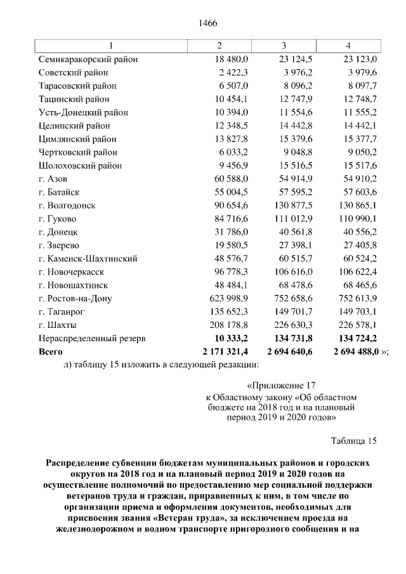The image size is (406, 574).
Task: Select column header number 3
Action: pyautogui.click(x=284, y=46)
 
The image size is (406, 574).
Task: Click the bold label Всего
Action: pyautogui.click(x=51, y=352)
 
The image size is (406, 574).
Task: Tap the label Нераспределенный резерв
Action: pyautogui.click(x=92, y=339)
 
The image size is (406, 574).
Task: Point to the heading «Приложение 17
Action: pyautogui.click(x=280, y=385)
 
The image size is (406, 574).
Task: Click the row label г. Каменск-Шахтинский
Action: pyautogui.click(x=88, y=259)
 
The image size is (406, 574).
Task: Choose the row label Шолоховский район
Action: pyautogui.click(x=79, y=166)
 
